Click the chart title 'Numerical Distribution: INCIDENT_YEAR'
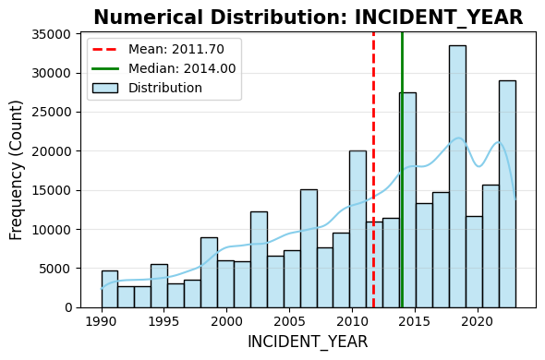point(308,18)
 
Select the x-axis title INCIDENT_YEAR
point(308,342)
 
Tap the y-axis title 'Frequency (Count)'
point(17,169)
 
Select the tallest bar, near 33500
point(457,175)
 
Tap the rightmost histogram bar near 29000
point(507,194)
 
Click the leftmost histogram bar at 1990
point(109,289)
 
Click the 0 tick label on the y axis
point(69,307)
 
